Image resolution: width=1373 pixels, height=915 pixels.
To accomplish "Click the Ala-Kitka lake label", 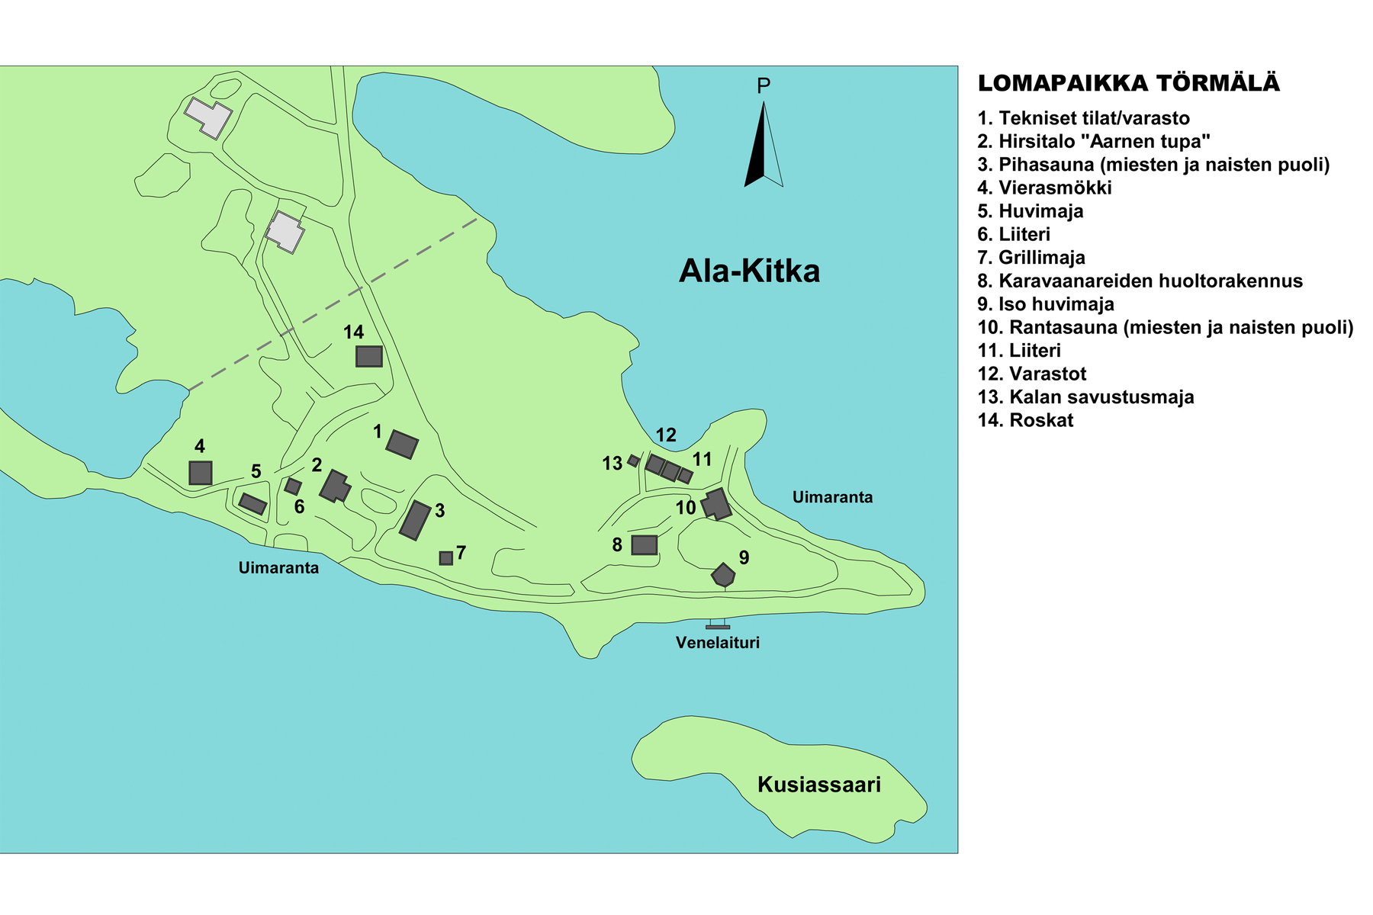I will [749, 271].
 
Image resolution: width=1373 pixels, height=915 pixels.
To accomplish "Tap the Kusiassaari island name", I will [818, 785].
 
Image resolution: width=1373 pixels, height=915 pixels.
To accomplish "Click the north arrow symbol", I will [763, 145].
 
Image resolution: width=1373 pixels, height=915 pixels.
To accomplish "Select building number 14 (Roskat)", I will [369, 356].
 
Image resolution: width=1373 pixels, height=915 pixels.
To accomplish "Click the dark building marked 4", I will [201, 473].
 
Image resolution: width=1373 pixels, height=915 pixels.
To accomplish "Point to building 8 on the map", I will [645, 544].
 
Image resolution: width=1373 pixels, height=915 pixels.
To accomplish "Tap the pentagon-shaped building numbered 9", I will [723, 575].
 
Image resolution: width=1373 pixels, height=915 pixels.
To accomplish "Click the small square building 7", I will [446, 558].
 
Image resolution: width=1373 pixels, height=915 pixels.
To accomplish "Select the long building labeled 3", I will [416, 520].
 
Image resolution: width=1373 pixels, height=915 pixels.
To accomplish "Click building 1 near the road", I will [402, 444].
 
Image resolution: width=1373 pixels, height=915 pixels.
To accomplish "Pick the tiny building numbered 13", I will [633, 461].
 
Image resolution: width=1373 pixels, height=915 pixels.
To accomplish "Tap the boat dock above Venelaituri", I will [718, 626].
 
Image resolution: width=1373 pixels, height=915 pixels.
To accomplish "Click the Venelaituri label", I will [718, 643].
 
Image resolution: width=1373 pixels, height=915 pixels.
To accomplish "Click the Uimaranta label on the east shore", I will [832, 497].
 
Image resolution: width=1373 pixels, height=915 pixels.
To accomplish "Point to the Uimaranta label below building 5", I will [278, 568].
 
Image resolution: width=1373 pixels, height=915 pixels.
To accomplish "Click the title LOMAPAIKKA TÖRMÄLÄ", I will [1129, 83].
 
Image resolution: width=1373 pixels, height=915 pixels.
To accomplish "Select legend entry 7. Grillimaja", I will [1031, 258].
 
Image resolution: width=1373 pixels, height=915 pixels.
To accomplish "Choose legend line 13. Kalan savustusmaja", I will [1086, 397].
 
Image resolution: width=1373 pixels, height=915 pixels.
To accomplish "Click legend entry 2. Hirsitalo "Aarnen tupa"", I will [1094, 141].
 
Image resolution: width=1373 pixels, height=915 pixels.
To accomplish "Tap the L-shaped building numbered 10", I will [716, 505].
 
